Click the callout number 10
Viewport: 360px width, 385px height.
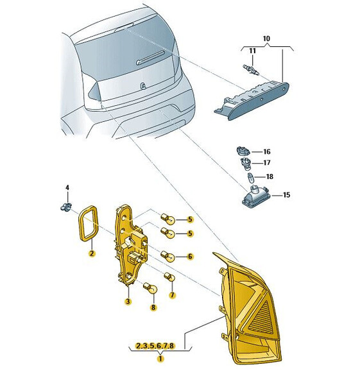point(266,38)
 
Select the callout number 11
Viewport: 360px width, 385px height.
point(252,51)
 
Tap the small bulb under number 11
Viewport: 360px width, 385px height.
point(251,69)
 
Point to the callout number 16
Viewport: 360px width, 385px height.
point(267,151)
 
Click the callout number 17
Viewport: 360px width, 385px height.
point(267,162)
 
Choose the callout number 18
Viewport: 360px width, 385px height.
point(270,176)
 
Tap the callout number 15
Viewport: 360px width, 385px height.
point(286,195)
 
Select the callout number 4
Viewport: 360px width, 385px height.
point(67,188)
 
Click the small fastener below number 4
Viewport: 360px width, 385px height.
point(66,207)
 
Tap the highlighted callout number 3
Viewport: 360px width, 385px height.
point(128,302)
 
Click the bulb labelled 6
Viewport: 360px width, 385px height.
point(167,255)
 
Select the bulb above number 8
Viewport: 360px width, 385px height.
point(150,287)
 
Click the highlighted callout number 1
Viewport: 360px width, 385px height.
point(160,359)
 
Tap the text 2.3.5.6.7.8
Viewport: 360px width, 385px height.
point(155,346)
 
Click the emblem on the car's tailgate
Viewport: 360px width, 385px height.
point(143,86)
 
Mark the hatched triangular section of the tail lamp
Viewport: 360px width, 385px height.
point(262,319)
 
